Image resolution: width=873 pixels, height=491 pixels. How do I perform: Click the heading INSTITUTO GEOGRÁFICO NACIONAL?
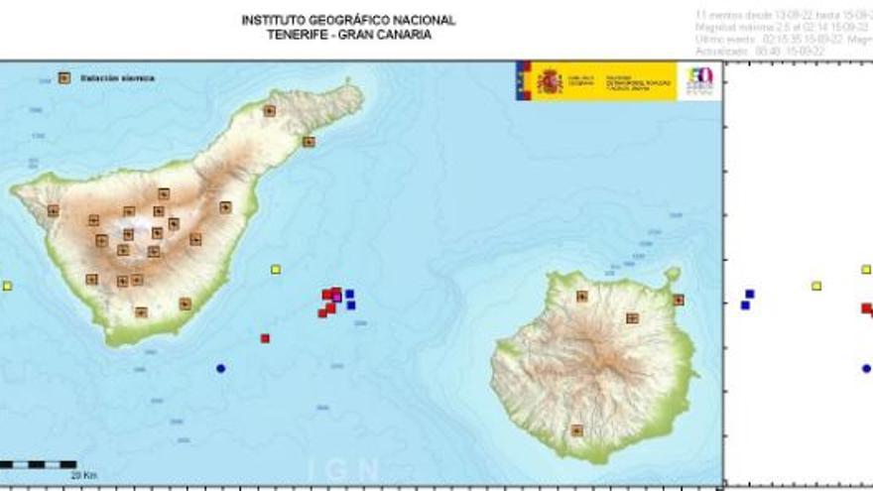348,20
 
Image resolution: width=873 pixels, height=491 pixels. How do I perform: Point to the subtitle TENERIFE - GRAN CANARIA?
348,34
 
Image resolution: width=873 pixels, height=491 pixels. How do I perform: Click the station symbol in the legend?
64,77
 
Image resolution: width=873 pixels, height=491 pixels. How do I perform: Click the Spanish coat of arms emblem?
549,81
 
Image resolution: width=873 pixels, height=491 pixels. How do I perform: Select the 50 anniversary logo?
700,81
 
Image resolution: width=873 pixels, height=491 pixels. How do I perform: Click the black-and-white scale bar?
38,463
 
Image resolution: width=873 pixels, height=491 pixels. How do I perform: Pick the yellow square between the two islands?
276,269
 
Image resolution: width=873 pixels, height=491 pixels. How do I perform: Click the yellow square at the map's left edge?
7,286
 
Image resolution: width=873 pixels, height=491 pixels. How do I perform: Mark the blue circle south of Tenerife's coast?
220,368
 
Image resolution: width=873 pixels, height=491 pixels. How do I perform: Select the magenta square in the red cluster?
337,298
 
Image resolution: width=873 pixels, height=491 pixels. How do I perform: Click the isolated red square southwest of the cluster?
265,338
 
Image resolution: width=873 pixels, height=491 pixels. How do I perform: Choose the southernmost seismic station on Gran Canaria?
576,430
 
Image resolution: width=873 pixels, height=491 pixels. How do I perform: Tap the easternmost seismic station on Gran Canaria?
679,300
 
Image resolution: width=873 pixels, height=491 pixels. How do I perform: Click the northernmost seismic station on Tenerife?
269,111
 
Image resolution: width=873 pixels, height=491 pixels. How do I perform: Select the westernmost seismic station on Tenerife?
54,210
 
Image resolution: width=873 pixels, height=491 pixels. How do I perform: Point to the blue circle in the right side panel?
866,368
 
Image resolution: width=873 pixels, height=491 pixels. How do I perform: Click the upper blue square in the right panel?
750,294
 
